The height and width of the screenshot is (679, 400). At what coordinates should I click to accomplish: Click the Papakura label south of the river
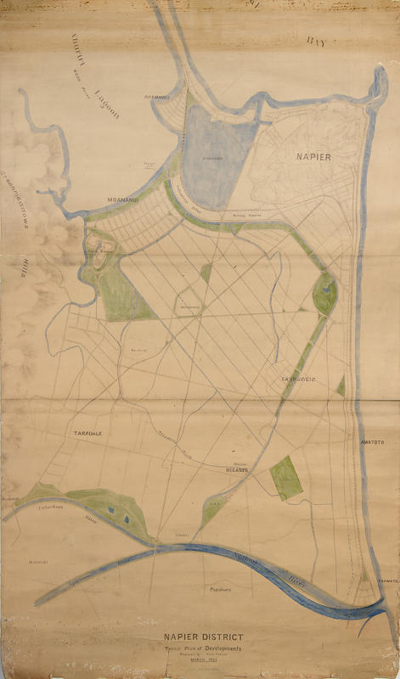[217, 587]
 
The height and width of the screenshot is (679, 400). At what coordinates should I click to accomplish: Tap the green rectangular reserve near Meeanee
[285, 478]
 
